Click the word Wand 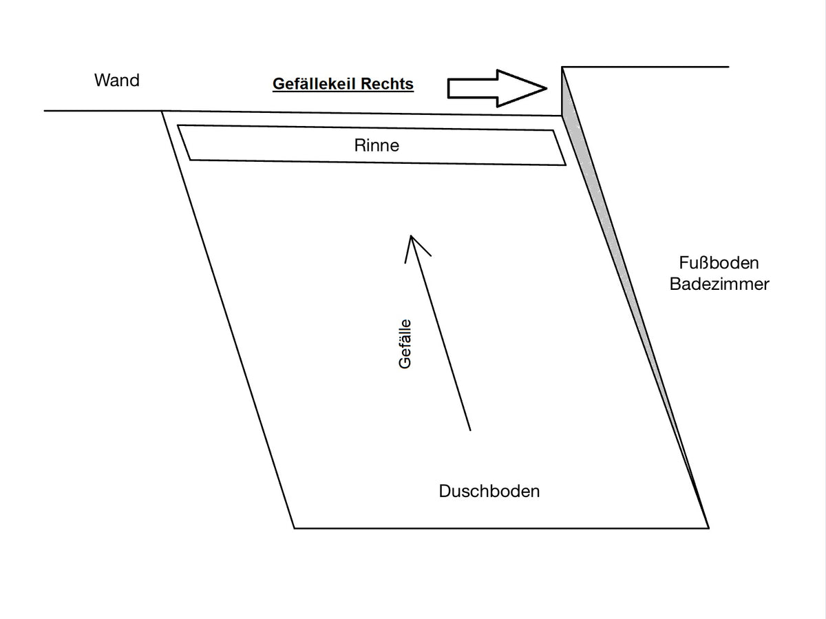pyautogui.click(x=116, y=81)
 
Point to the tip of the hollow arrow pyautogui.click(x=547, y=88)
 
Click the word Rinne pyautogui.click(x=377, y=146)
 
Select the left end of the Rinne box pyautogui.click(x=184, y=143)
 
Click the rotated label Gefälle pyautogui.click(x=405, y=344)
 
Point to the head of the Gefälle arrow pyautogui.click(x=410, y=237)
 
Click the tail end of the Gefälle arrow pyautogui.click(x=470, y=430)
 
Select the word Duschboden pyautogui.click(x=489, y=492)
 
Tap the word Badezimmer pyautogui.click(x=719, y=284)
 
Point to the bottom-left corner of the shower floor pyautogui.click(x=295, y=528)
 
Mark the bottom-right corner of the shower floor pyautogui.click(x=708, y=528)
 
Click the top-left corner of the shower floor pyautogui.click(x=162, y=111)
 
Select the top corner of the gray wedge pyautogui.click(x=563, y=67)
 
